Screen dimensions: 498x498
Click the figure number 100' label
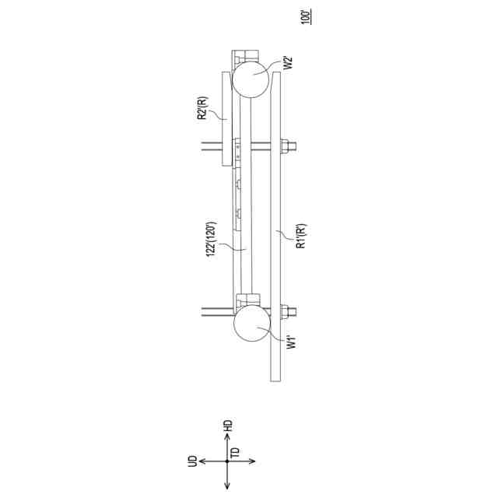pos(306,17)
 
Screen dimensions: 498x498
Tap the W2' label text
pos(288,63)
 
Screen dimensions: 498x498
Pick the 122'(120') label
pos(211,240)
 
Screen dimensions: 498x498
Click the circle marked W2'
pos(251,80)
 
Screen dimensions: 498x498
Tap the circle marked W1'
pos(252,323)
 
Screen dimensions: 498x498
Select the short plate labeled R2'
pos(226,119)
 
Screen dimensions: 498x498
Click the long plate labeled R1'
pos(275,226)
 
